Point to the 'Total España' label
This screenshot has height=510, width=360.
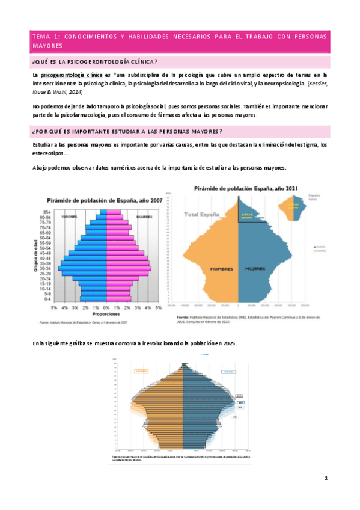tap(204, 214)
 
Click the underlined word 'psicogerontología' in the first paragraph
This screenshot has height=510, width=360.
tap(66, 74)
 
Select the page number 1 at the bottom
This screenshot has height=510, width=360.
tap(326, 478)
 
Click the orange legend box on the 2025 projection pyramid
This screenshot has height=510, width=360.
tap(142, 372)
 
